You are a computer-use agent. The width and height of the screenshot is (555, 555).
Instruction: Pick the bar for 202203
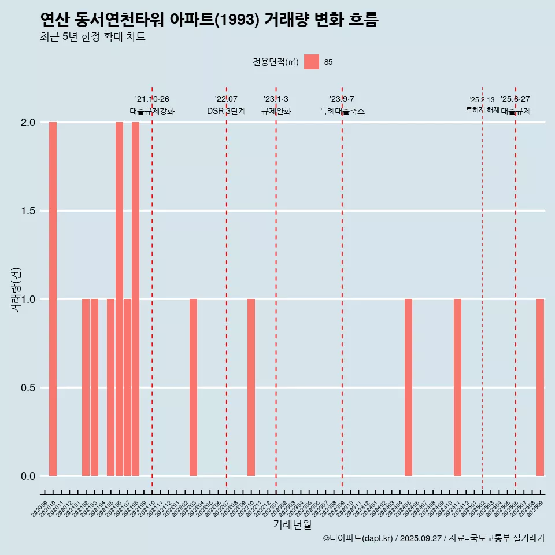[193, 387]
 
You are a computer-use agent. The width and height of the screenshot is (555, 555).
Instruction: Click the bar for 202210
[251, 387]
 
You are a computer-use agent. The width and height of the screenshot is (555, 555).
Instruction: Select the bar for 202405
[408, 387]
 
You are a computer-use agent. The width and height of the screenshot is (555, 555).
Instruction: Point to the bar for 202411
[457, 387]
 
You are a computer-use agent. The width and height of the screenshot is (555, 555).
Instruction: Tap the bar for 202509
[540, 387]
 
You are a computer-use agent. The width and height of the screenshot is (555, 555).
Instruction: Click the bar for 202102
[86, 387]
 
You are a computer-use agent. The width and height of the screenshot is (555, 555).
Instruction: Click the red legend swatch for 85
[312, 62]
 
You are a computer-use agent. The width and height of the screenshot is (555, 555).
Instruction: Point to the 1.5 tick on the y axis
[27, 211]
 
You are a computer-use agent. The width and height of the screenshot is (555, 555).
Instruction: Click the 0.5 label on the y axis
[27, 387]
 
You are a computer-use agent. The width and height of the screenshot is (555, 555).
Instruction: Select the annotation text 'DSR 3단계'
[226, 111]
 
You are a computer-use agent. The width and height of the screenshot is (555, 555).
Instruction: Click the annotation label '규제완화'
[276, 111]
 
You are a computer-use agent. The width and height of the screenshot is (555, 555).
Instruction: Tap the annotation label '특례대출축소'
[342, 111]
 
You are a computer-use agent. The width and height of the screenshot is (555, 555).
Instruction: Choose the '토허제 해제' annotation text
[482, 110]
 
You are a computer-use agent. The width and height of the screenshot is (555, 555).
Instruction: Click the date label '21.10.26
[152, 99]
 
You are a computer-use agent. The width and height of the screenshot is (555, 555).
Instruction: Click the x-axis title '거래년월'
[292, 524]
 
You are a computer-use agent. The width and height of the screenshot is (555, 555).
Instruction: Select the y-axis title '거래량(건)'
[16, 290]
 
